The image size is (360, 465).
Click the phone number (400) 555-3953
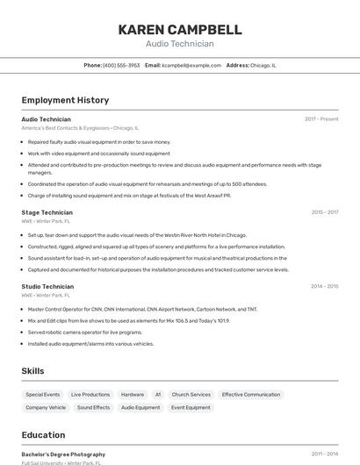(121, 65)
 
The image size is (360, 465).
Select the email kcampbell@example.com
(191, 65)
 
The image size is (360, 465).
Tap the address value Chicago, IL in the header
(263, 65)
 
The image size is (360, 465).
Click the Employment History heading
(65, 100)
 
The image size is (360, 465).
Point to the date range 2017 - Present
(321, 118)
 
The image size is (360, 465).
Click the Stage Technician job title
(47, 212)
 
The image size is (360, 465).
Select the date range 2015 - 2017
(324, 212)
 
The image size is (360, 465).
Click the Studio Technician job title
(47, 286)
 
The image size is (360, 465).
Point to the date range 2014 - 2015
(324, 286)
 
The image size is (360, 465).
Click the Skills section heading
(32, 371)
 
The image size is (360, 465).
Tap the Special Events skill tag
(43, 395)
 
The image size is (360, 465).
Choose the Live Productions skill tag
(90, 395)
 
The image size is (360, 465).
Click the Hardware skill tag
(133, 395)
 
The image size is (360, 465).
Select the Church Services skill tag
(191, 395)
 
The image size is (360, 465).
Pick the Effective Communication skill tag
(251, 395)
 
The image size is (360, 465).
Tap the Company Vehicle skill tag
(46, 408)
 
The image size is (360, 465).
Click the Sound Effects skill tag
(94, 408)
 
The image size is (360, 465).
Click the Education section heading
(43, 435)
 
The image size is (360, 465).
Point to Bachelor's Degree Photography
(63, 454)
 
